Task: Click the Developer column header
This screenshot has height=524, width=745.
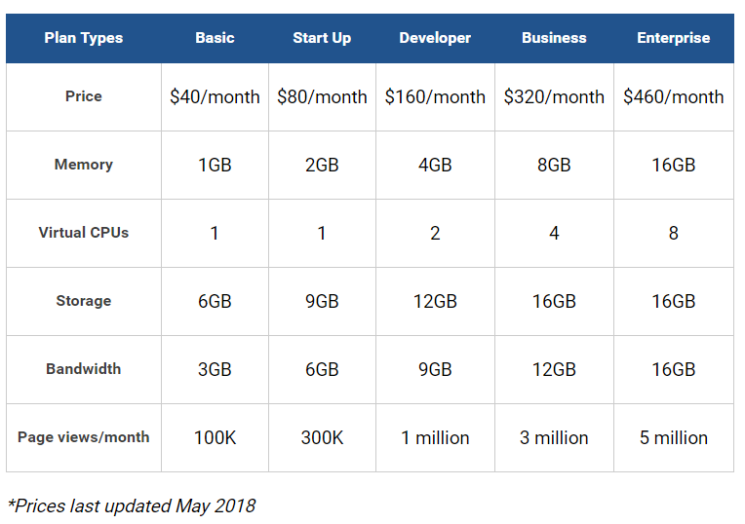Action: (435, 38)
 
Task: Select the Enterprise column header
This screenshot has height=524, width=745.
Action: (673, 38)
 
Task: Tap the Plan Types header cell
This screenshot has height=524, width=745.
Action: (84, 38)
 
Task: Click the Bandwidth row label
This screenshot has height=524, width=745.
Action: (84, 369)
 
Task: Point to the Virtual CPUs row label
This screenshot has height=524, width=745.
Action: (84, 233)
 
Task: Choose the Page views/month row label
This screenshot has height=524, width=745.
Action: (84, 437)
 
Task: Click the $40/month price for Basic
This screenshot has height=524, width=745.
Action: (215, 96)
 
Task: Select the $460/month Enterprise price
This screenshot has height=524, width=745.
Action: (673, 96)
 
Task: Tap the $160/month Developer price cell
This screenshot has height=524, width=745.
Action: (435, 96)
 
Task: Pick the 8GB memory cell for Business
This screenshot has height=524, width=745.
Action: (554, 166)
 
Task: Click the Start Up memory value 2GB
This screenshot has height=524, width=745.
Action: (322, 166)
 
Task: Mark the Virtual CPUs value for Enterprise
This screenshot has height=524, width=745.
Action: (673, 233)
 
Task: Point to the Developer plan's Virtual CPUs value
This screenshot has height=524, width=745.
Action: (435, 233)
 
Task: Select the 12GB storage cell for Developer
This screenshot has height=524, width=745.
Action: (435, 301)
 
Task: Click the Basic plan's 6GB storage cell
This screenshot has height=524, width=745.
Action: (215, 301)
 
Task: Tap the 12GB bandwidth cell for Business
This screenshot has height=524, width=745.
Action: (554, 370)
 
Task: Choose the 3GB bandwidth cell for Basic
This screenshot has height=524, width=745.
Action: (215, 370)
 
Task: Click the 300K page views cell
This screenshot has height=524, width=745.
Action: (322, 437)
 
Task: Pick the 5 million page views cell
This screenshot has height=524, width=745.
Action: (673, 437)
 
